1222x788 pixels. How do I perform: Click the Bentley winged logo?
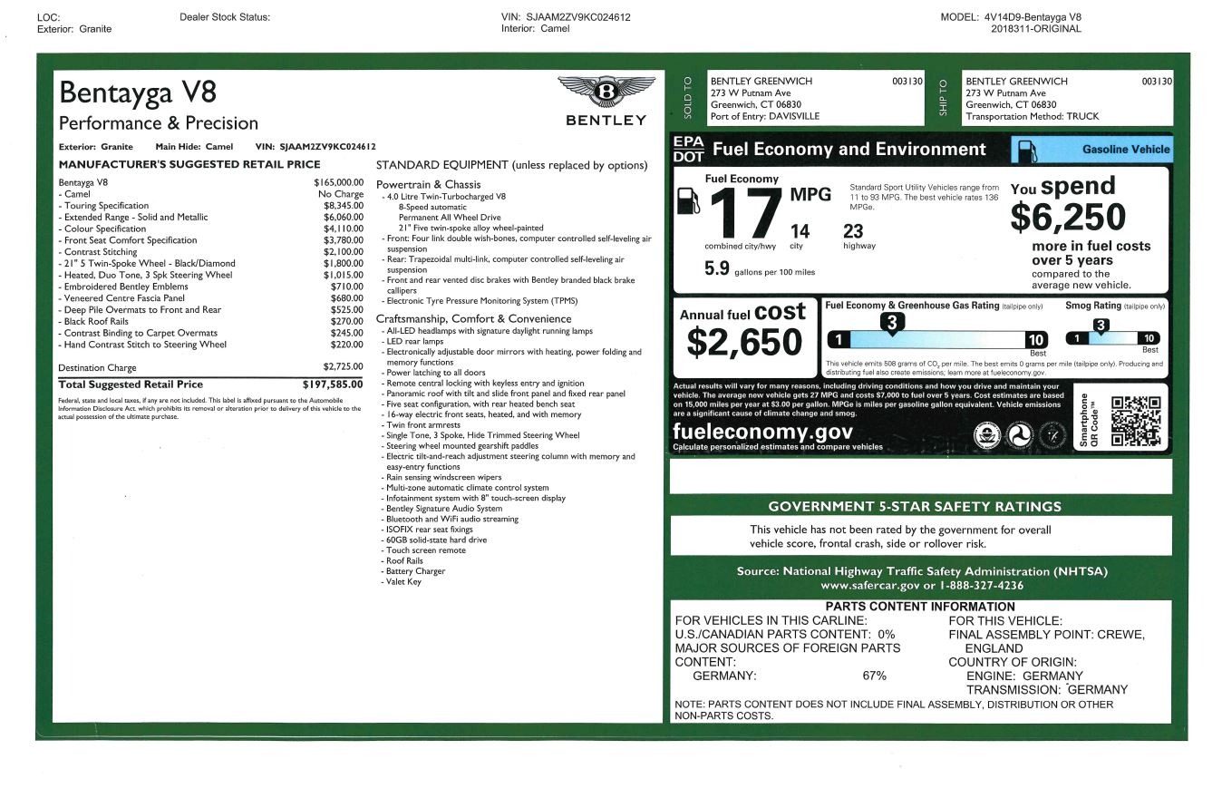(606, 92)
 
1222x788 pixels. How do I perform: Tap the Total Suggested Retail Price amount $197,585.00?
(333, 384)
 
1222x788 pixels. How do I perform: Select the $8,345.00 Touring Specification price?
(343, 206)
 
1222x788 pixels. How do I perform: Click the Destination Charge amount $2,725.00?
(343, 367)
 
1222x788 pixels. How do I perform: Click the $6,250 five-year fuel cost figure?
(1068, 218)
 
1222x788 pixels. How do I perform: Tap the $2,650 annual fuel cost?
(743, 342)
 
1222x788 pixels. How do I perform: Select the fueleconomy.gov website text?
(762, 432)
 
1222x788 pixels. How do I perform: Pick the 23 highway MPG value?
(853, 231)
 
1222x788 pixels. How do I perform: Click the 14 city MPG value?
(800, 231)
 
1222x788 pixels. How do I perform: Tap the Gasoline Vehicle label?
(1125, 150)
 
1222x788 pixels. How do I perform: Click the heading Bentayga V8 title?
(138, 92)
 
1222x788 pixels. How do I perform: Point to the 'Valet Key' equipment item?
(403, 582)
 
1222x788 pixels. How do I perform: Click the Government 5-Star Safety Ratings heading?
(914, 507)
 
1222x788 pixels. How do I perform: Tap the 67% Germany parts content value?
(874, 676)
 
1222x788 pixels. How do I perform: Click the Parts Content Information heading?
(919, 607)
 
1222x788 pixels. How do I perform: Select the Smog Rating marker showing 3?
(1100, 326)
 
